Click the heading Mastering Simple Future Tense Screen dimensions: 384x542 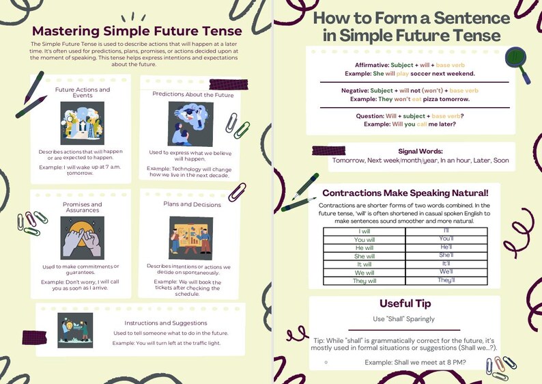(137, 31)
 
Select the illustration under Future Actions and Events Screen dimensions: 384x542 (82, 123)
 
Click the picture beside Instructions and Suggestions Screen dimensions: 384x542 (75, 330)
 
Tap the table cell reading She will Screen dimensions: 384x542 (364, 255)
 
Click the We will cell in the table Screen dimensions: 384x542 (364, 272)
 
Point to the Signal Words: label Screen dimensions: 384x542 (420, 151)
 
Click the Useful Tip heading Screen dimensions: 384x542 (405, 304)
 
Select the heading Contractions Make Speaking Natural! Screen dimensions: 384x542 (405, 193)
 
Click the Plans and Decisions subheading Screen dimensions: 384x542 (192, 204)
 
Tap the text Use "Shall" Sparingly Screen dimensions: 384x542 (405, 319)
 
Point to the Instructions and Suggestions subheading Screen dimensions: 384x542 (166, 323)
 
